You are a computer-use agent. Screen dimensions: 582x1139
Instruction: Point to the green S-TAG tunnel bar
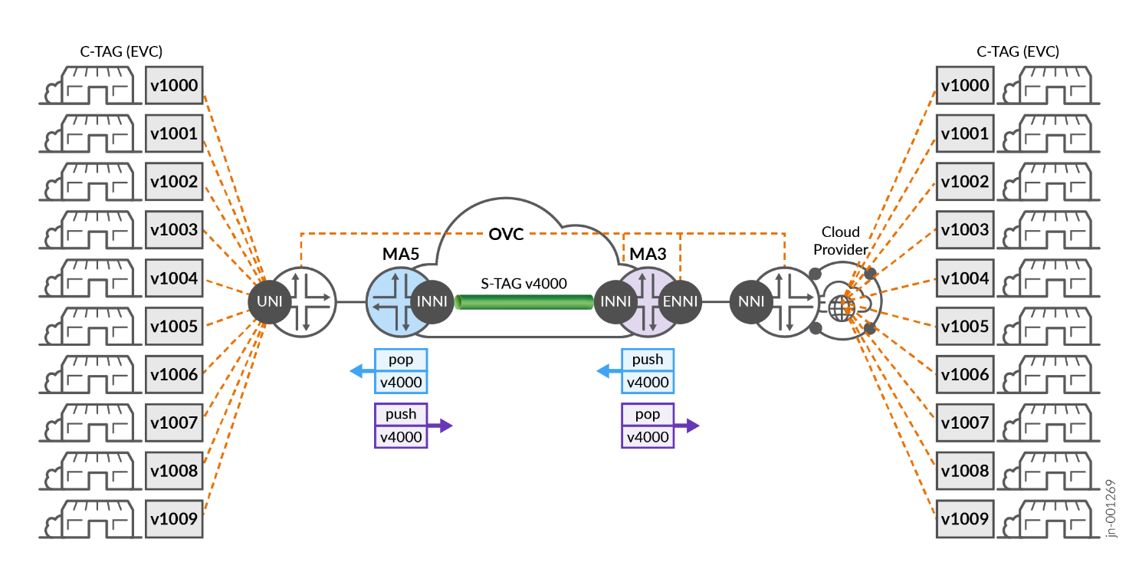525,301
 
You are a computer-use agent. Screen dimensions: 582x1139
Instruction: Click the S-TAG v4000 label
525,283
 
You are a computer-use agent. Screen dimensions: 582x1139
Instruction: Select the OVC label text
506,234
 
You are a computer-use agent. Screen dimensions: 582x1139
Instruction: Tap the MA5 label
401,254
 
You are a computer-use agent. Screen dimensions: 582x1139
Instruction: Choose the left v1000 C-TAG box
175,85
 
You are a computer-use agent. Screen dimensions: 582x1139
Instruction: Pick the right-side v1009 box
963,518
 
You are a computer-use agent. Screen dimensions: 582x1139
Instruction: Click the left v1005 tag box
175,326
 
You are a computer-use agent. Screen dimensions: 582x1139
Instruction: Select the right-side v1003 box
963,230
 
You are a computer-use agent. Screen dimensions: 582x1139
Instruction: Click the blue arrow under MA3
610,371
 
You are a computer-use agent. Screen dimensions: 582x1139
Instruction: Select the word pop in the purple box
648,414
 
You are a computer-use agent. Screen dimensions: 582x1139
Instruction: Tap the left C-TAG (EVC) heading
121,52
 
